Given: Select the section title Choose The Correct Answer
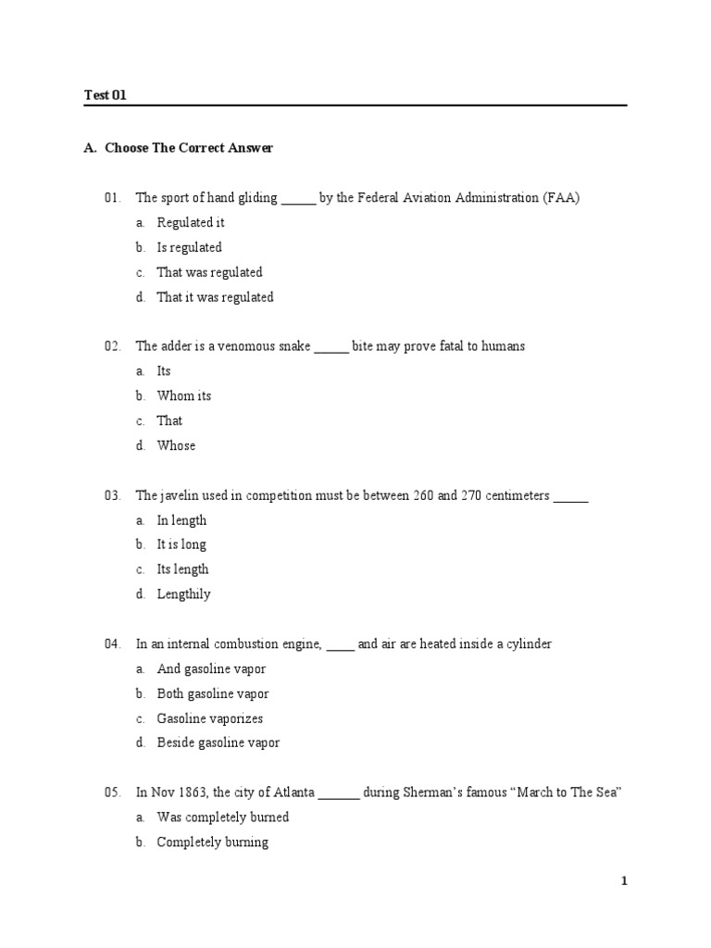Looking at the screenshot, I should (189, 148).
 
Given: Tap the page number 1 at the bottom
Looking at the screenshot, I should (624, 881).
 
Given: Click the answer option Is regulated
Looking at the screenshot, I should (189, 247).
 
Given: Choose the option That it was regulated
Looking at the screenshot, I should (215, 297).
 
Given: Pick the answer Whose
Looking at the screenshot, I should (176, 445).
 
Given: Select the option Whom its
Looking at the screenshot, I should (183, 395).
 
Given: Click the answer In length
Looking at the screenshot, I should (181, 520).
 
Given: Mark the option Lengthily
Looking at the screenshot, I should (183, 594).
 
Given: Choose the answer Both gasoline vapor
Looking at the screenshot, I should (213, 693).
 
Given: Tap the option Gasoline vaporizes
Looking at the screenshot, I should (209, 718).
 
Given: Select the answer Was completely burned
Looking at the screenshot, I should (222, 817).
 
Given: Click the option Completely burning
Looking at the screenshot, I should (213, 842).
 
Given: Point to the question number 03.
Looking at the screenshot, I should (113, 495).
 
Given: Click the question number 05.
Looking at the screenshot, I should (113, 792).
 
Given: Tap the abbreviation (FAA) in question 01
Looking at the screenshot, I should (561, 198).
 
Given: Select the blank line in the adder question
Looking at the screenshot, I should (331, 348).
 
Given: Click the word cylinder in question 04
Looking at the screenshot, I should (527, 644).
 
